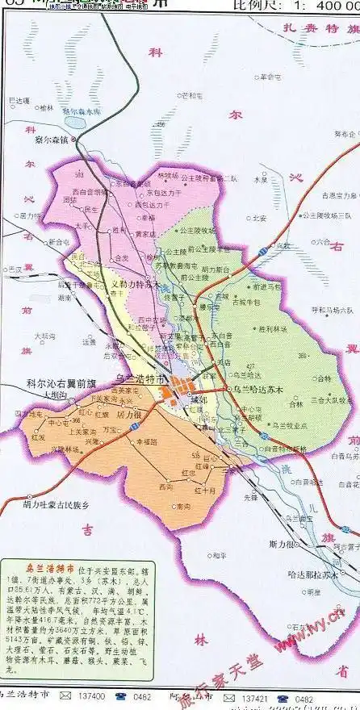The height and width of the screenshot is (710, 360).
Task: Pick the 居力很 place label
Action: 130,413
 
